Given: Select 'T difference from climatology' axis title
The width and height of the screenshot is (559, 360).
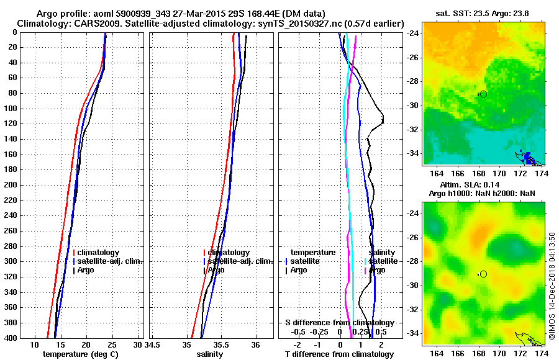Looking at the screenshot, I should click(x=340, y=354).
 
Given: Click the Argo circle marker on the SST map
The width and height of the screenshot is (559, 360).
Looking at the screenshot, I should click(x=483, y=94).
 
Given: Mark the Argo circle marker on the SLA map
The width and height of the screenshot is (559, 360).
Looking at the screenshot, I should click(x=483, y=274).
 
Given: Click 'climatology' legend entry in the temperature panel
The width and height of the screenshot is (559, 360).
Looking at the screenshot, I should click(x=100, y=253).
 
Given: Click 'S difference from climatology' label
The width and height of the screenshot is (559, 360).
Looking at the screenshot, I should click(x=340, y=323).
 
